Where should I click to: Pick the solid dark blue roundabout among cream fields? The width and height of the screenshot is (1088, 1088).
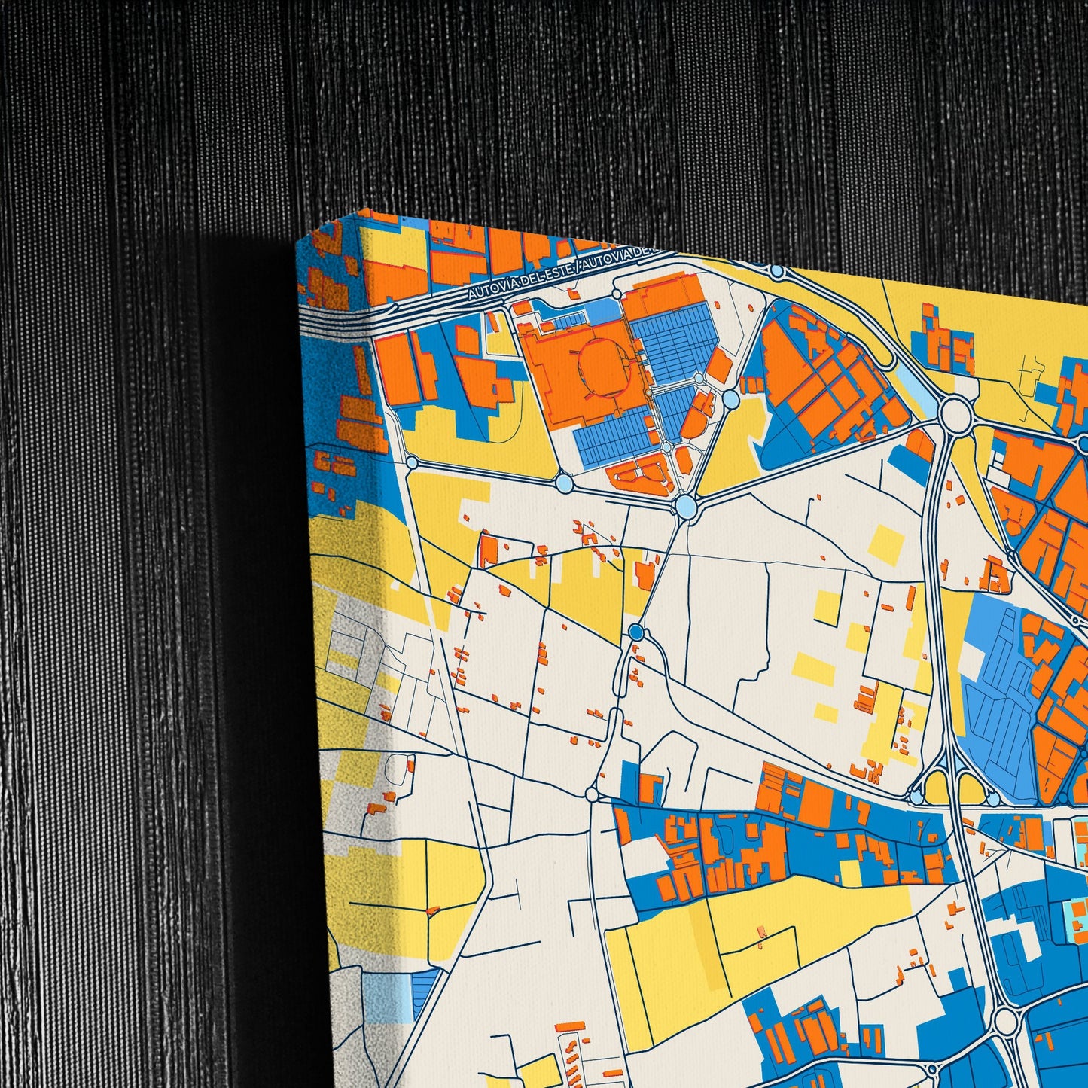click(x=636, y=632)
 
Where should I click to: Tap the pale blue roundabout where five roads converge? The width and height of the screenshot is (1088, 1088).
click(x=686, y=506)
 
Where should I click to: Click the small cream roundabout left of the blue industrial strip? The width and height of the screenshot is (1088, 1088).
click(x=592, y=794)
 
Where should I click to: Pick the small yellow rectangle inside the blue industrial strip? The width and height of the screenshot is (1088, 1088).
click(x=850, y=872)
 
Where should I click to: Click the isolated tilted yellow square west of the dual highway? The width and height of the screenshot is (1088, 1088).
click(x=887, y=544)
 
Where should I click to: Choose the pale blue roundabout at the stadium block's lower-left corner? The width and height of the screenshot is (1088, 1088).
click(x=563, y=480)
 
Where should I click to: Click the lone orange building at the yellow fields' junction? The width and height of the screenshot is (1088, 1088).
click(x=762, y=931)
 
